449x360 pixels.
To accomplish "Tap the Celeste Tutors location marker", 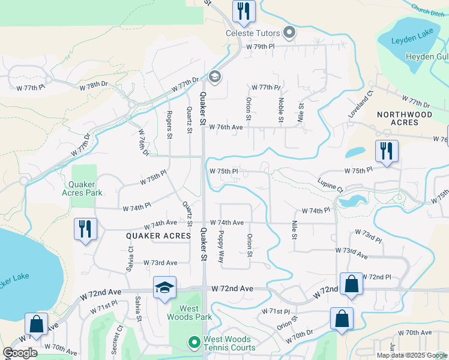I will tap(290, 32).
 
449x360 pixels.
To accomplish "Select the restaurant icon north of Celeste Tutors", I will tap(244, 11).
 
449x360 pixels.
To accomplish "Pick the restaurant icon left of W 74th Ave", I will tap(85, 229).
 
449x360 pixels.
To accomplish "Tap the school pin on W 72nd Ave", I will tap(164, 287).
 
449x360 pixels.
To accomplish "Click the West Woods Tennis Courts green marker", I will tap(194, 343).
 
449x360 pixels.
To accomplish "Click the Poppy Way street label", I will tap(221, 247).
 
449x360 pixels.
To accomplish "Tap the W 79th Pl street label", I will tap(259, 46).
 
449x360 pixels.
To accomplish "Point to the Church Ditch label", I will tap(429, 11).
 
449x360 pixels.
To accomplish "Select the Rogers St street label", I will tap(170, 124).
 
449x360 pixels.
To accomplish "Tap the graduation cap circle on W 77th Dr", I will tap(214, 76).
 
